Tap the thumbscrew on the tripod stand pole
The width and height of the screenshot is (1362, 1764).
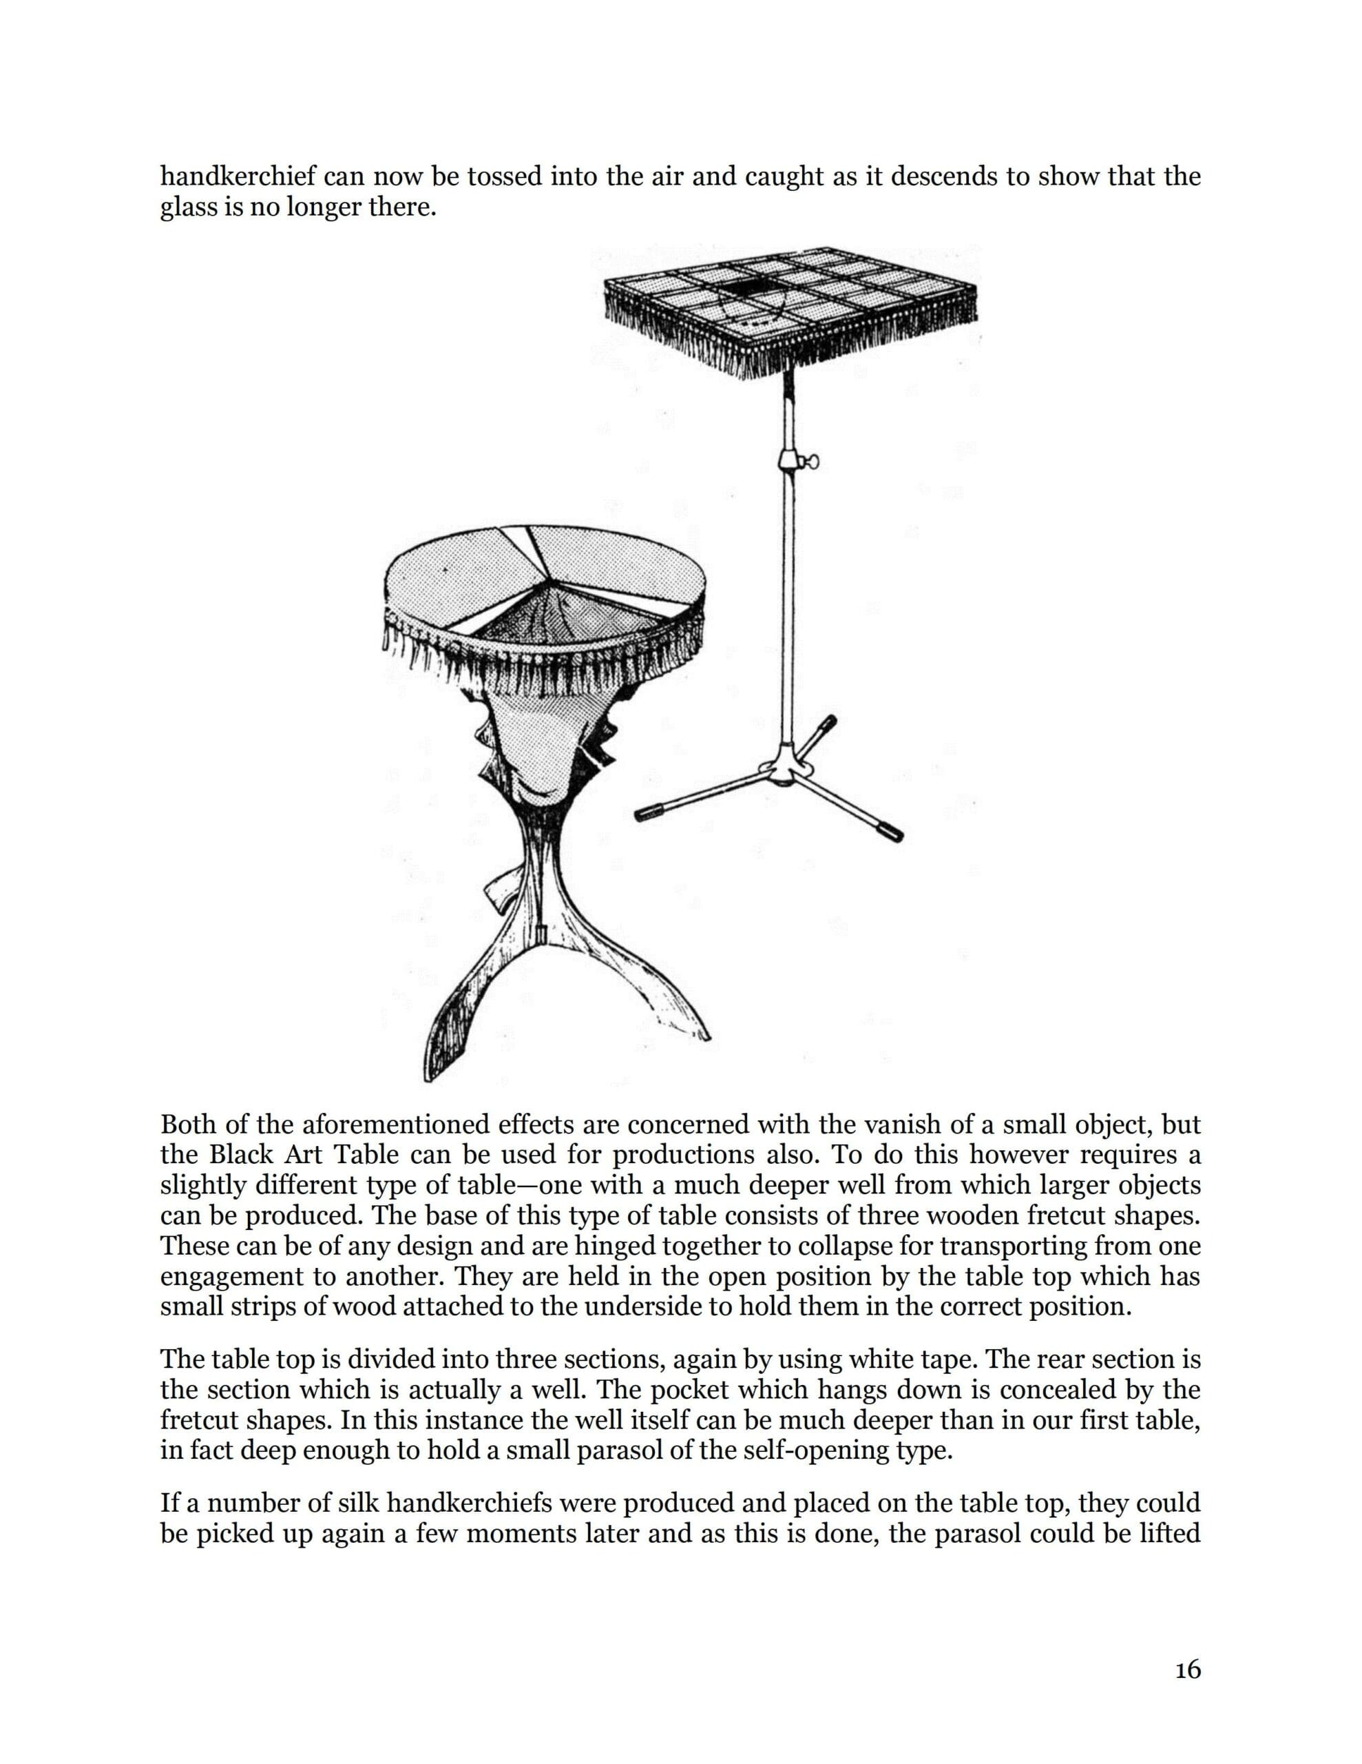[810, 461]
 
